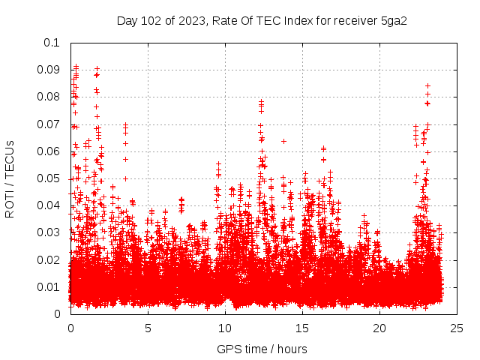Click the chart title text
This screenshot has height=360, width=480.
tap(262, 20)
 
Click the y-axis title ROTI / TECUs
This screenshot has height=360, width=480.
tap(10, 178)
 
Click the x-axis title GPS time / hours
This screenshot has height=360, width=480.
tap(262, 349)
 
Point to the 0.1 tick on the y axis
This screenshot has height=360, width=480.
tap(52, 43)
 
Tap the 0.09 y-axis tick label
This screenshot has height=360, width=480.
tap(49, 70)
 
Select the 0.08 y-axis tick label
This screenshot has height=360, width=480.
tap(49, 97)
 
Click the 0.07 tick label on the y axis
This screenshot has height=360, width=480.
tap(49, 124)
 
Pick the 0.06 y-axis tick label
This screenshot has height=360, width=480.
tap(49, 151)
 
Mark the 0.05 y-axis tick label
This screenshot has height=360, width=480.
tap(49, 178)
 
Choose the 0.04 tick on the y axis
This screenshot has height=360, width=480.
tap(49, 205)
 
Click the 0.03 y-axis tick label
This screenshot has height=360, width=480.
tap(49, 232)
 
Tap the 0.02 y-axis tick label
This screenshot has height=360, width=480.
tap(49, 259)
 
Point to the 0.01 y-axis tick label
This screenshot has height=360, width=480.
tap(49, 286)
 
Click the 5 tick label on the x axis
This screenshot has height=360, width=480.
tap(148, 328)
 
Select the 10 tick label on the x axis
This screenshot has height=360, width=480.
tap(225, 328)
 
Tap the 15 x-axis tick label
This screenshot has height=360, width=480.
tap(302, 328)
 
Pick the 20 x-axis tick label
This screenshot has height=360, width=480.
tap(379, 328)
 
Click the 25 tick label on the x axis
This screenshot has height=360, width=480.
tap(457, 328)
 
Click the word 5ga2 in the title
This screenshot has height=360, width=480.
tap(393, 20)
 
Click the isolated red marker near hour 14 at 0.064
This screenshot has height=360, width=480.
tap(283, 141)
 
